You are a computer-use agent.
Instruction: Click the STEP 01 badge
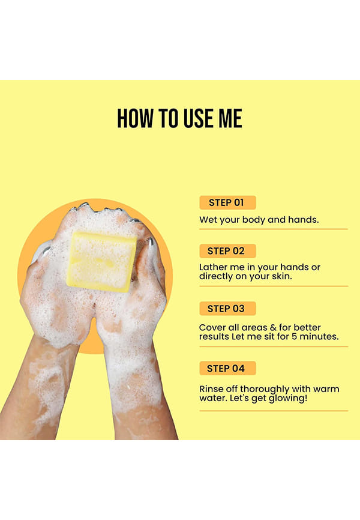click(227, 202)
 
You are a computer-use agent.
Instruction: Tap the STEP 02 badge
click(227, 251)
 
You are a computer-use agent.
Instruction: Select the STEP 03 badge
click(227, 309)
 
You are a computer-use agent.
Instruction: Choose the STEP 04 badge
click(227, 368)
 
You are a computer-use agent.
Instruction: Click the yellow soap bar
click(101, 262)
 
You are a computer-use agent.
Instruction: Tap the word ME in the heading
click(230, 118)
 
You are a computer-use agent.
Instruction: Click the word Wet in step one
click(208, 220)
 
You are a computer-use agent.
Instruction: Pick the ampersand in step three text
click(273, 328)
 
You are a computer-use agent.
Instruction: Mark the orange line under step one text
click(274, 229)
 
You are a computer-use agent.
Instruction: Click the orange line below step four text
click(274, 411)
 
